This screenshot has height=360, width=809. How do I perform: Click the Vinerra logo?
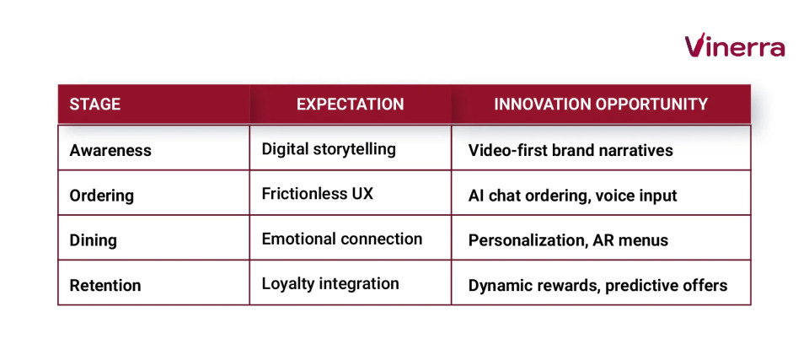(734, 46)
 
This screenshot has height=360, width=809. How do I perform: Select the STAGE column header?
(94, 105)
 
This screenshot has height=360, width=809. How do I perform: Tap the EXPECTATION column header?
(350, 105)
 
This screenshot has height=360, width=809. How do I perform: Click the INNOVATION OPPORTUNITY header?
(601, 105)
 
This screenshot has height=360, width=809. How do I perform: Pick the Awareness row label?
(110, 150)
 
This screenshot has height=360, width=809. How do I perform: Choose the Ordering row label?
(101, 195)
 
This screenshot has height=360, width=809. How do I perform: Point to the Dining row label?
(93, 240)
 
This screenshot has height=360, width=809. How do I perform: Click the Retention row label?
(105, 286)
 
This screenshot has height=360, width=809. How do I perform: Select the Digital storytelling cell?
(329, 149)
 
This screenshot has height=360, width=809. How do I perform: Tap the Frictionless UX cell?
(317, 194)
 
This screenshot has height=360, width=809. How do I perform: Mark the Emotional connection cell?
(342, 239)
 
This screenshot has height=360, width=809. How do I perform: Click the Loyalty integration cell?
(330, 283)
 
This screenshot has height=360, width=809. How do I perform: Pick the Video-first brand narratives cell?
(571, 150)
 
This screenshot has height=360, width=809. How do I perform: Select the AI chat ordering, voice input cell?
(572, 195)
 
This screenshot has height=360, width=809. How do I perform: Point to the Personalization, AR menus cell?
(568, 240)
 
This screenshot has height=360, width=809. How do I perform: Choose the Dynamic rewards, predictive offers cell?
(597, 286)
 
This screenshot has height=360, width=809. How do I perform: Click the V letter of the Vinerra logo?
(694, 46)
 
